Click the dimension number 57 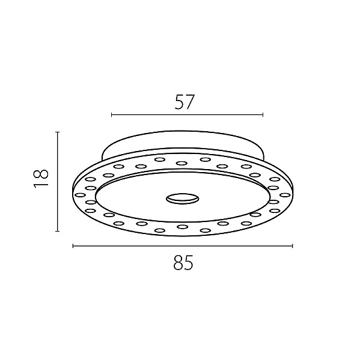185,102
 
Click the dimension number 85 183,262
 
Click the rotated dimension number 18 41,179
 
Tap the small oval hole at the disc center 183,198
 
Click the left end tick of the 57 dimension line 112,115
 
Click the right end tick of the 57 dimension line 263,115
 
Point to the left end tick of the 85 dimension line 73,246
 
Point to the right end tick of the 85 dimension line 292,246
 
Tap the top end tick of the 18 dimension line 58,132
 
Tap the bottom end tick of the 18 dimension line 58,231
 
